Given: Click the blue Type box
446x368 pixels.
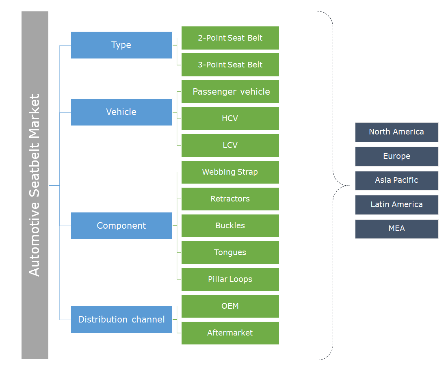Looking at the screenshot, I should pos(121,45).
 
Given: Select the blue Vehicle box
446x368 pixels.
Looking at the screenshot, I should pos(121,112).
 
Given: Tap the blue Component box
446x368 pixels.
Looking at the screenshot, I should pos(121,226).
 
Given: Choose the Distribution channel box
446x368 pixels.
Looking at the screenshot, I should pos(121,320).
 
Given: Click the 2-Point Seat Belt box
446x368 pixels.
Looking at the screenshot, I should pos(230,38).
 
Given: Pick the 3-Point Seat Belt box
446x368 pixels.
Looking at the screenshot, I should pos(230,65).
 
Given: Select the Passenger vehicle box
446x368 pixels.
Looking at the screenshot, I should pos(230,92).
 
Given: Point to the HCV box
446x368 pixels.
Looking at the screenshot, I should pos(230,119).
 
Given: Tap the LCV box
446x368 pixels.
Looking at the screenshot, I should pos(230,145).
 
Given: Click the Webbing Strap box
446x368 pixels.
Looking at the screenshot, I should pos(230,172).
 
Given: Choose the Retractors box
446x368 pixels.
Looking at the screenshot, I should pos(230,199).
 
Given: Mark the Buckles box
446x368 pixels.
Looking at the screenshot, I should pos(230,226).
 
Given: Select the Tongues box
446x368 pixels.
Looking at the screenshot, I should pos(230,253).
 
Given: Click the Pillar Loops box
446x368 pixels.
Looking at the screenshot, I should pos(230,279).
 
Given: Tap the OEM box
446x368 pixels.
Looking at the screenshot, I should pos(230,306).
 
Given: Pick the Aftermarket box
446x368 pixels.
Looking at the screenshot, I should pos(230,333).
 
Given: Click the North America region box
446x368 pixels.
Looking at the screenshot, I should pos(396,132).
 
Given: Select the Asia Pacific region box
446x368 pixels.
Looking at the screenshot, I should pos(396,180).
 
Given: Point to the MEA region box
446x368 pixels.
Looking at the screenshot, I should pos(396,229).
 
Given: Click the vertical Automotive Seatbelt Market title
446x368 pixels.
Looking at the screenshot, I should pos(35,185).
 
